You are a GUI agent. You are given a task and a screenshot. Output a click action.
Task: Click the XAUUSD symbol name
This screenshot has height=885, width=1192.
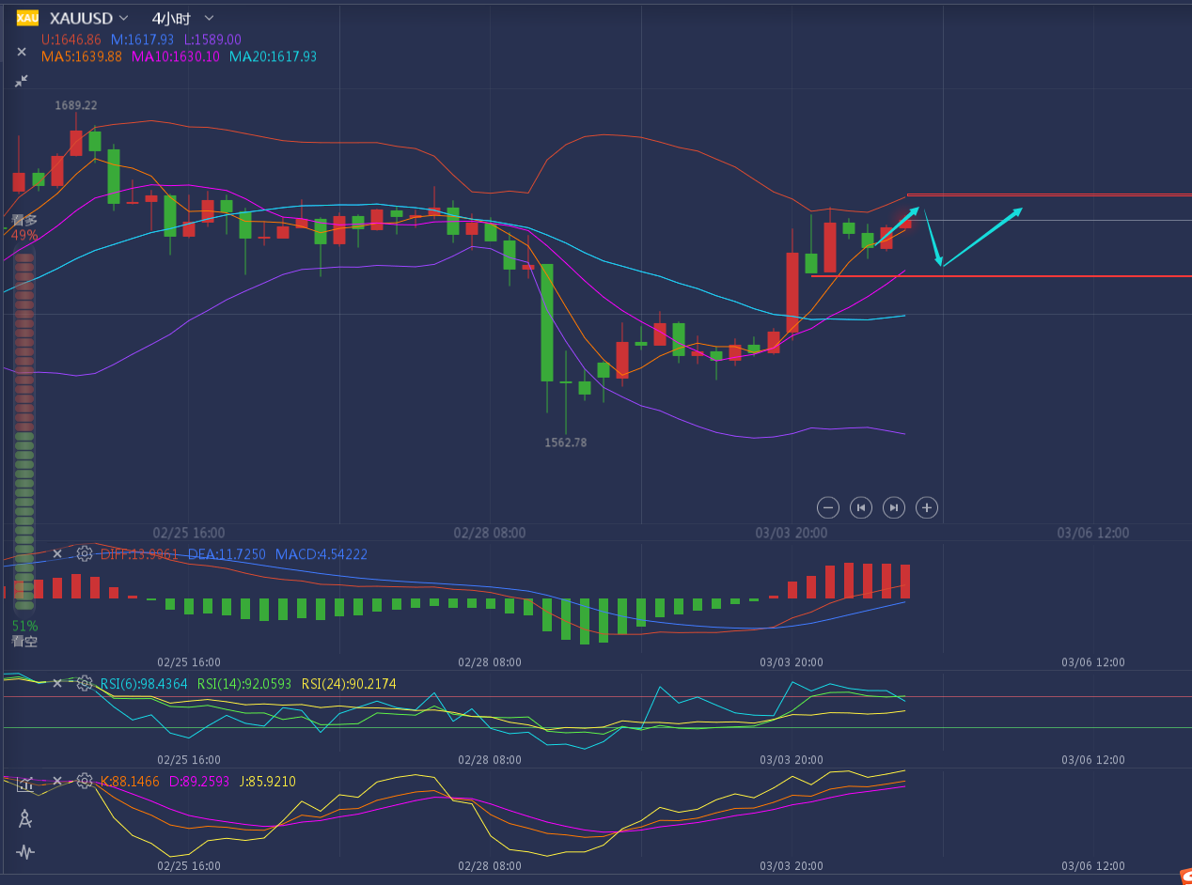(80, 18)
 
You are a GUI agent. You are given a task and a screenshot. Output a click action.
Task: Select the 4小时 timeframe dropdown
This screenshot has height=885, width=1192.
(170, 18)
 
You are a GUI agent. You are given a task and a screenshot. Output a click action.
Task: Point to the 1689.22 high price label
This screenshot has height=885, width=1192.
(76, 105)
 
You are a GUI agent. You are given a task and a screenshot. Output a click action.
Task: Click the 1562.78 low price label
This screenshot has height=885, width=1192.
(565, 442)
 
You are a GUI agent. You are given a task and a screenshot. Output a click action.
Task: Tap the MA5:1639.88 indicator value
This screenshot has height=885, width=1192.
(82, 56)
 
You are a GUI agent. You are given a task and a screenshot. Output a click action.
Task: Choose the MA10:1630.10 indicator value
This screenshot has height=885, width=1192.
(176, 56)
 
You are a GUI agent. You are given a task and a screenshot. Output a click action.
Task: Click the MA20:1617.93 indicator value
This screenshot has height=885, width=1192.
(273, 56)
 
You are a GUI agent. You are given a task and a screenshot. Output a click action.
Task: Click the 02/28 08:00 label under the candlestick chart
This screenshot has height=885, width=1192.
(490, 533)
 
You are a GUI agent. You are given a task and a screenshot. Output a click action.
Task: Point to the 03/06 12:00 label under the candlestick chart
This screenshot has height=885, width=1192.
(1093, 533)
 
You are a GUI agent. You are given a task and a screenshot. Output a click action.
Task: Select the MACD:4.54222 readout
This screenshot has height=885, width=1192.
(322, 554)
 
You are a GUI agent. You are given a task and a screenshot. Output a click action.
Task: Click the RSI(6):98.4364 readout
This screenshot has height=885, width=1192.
(144, 684)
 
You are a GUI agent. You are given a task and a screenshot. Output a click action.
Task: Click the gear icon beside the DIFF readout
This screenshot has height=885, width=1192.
(85, 553)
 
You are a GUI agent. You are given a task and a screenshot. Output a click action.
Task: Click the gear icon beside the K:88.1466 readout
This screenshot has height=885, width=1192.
(85, 781)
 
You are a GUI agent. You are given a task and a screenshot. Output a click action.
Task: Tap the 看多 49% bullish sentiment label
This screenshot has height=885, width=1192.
(24, 227)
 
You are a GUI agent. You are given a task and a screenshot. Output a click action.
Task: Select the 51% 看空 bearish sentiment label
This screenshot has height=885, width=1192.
(24, 633)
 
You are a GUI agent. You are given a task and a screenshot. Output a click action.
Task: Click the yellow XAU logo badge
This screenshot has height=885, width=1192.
(27, 18)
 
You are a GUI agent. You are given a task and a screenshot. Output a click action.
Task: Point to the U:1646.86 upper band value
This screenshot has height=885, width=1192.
(71, 39)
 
